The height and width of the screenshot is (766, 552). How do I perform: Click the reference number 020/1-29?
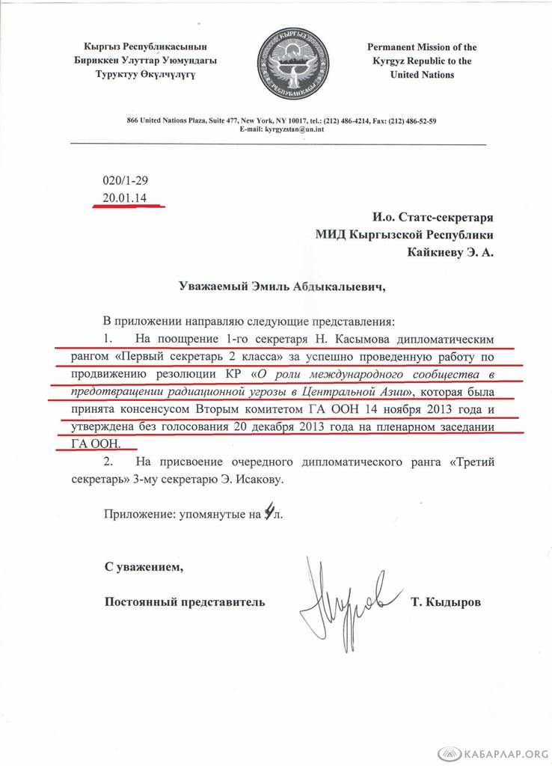point(125,182)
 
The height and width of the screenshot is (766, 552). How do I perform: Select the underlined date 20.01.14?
point(125,198)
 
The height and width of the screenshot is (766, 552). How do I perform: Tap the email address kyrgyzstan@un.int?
point(288,129)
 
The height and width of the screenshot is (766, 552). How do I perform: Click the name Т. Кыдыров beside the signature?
point(447,601)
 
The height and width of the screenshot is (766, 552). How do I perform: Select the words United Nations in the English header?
point(422,75)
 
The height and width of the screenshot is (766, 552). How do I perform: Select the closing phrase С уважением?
point(144,566)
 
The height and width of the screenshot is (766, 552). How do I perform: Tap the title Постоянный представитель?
point(185,601)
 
